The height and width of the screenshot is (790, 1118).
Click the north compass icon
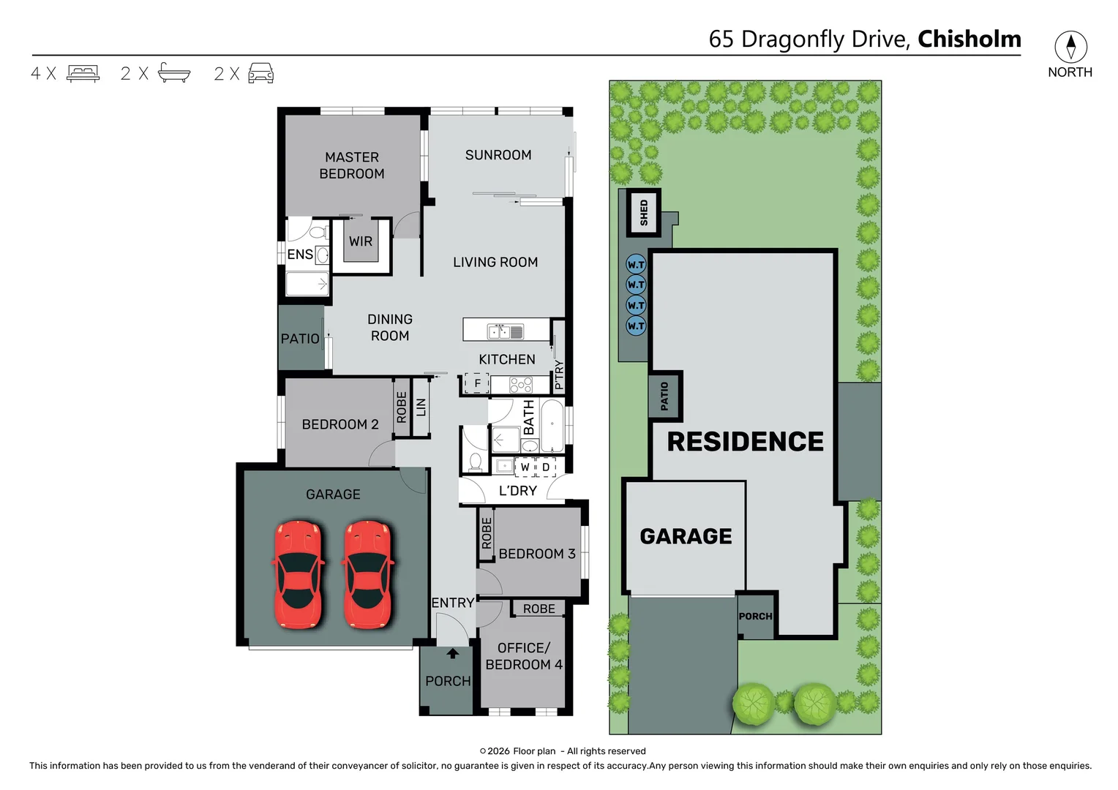click(x=1070, y=47)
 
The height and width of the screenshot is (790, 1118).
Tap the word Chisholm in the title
click(x=969, y=39)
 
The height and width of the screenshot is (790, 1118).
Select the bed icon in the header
click(x=83, y=73)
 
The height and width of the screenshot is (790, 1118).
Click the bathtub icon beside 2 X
click(x=174, y=73)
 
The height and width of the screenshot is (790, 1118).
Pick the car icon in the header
click(x=261, y=73)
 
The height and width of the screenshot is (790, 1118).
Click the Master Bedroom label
click(x=352, y=165)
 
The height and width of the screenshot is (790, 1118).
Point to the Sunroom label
click(x=498, y=155)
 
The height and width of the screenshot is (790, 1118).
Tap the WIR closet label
click(x=361, y=241)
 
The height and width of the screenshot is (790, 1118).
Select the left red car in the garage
click(x=298, y=574)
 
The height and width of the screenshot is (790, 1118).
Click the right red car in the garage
click(x=368, y=574)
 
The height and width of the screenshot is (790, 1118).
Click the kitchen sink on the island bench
click(x=506, y=331)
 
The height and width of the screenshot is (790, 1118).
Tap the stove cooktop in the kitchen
click(x=521, y=385)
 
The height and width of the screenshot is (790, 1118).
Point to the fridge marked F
click(x=477, y=383)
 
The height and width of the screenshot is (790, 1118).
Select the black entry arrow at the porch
click(x=453, y=653)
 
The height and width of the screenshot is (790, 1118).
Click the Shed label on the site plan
click(x=644, y=213)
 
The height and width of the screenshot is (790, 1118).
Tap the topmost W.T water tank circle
click(x=636, y=265)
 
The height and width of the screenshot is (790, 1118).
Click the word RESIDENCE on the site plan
click(x=745, y=442)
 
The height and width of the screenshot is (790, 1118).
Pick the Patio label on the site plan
click(x=664, y=396)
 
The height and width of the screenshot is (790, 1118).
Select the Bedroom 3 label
click(x=537, y=554)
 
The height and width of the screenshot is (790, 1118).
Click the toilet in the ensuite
click(x=318, y=233)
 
